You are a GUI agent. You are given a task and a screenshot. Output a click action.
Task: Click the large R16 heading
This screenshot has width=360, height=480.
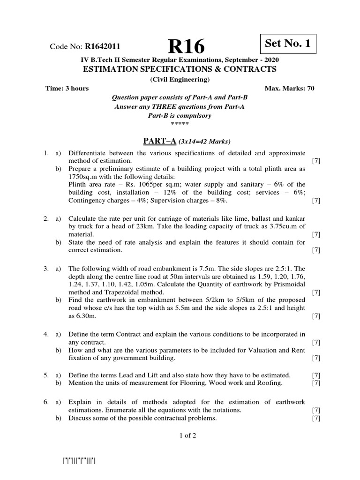pos(187,46)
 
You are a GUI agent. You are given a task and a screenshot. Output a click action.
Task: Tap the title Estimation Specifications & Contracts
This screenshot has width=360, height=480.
pos(180,69)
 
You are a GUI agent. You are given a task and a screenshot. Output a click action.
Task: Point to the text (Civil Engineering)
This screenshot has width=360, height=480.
pos(180,80)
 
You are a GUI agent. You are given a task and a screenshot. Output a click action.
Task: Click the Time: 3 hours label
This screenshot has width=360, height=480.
pos(67,89)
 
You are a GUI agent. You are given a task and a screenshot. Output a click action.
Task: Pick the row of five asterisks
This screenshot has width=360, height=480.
pos(180,124)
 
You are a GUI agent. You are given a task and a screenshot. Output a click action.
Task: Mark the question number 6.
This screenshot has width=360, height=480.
pos(46,402)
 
